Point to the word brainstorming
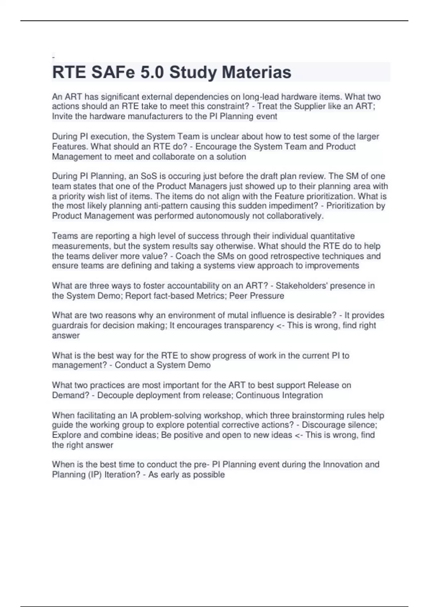(317, 416)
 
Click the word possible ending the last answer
(210, 475)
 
